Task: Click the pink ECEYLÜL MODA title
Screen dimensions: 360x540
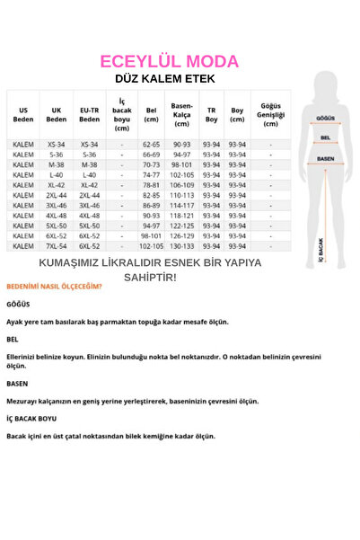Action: click(x=170, y=62)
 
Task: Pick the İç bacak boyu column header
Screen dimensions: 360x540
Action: click(x=122, y=114)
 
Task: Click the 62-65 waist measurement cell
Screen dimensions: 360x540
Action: click(x=151, y=144)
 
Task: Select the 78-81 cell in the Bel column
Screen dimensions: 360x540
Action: click(x=151, y=184)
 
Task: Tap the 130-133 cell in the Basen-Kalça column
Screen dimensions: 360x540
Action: click(x=181, y=245)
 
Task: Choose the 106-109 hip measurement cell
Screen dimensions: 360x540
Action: click(x=181, y=184)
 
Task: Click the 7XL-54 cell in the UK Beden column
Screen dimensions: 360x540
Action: click(x=57, y=245)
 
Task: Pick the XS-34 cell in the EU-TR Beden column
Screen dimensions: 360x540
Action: click(x=89, y=144)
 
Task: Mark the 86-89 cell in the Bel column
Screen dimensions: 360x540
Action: click(x=151, y=205)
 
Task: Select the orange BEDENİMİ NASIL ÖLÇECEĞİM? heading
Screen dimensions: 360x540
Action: click(x=54, y=287)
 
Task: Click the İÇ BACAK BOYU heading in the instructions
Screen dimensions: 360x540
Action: click(x=31, y=419)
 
